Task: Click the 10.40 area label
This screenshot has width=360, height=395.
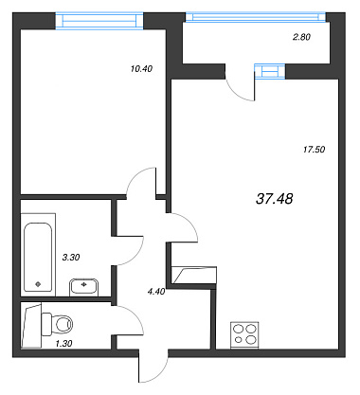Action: click(x=141, y=68)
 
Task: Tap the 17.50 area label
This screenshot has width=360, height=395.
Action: click(x=314, y=150)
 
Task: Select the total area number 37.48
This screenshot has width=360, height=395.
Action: click(x=275, y=199)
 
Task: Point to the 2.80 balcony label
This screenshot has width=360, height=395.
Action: click(x=301, y=37)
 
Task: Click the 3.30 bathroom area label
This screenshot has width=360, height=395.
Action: click(x=71, y=258)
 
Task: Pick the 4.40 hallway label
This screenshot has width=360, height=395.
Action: click(x=156, y=292)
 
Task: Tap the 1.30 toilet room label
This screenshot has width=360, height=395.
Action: click(x=63, y=343)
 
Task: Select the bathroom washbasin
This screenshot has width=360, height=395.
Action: click(x=83, y=287)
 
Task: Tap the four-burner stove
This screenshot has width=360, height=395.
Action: click(x=244, y=335)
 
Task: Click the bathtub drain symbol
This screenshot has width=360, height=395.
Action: click(x=38, y=284)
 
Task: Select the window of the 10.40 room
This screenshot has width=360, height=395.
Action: click(x=99, y=21)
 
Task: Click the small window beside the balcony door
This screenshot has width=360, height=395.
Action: click(x=270, y=71)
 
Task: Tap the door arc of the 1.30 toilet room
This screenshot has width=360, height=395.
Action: click(x=135, y=316)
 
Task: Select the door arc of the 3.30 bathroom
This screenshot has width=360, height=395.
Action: click(x=135, y=255)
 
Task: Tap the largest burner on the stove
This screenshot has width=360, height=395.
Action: click(x=251, y=339)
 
